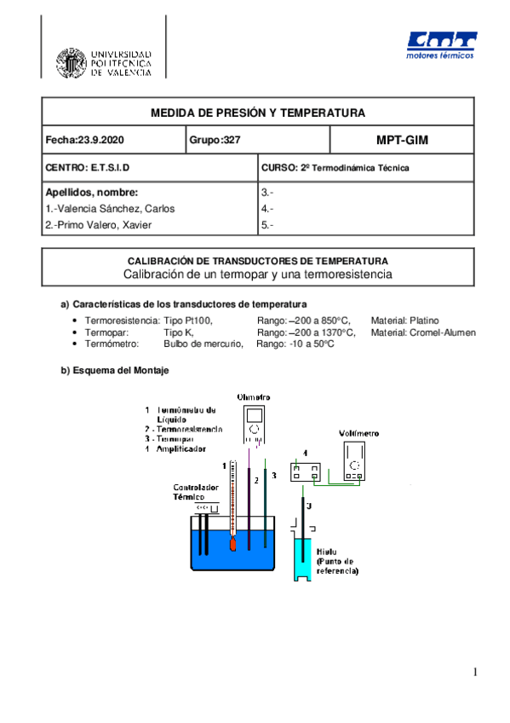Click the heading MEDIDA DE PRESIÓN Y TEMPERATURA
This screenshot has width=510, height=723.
pos(257,113)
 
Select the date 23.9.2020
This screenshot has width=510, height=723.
pos(100,140)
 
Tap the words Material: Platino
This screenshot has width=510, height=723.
pos(404,320)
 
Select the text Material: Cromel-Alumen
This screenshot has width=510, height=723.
pos(423,333)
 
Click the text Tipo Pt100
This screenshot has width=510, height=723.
pos(187,320)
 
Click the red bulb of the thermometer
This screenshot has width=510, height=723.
pos(231,543)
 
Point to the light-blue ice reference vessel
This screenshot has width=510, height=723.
pos(304,558)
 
